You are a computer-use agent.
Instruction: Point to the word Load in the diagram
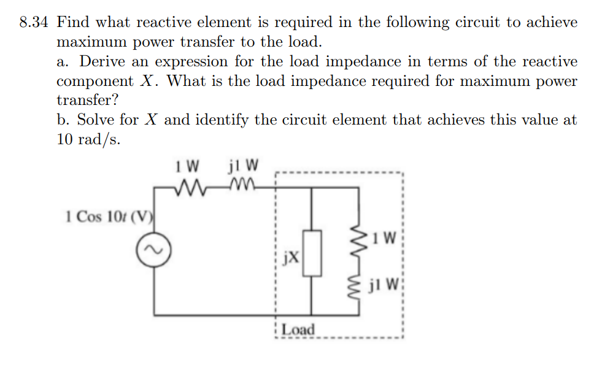pyautogui.click(x=298, y=330)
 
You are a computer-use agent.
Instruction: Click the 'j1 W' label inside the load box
pyautogui.click(x=384, y=285)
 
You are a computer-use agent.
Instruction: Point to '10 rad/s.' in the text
pyautogui.click(x=88, y=139)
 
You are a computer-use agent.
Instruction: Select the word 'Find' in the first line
pyautogui.click(x=74, y=23)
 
